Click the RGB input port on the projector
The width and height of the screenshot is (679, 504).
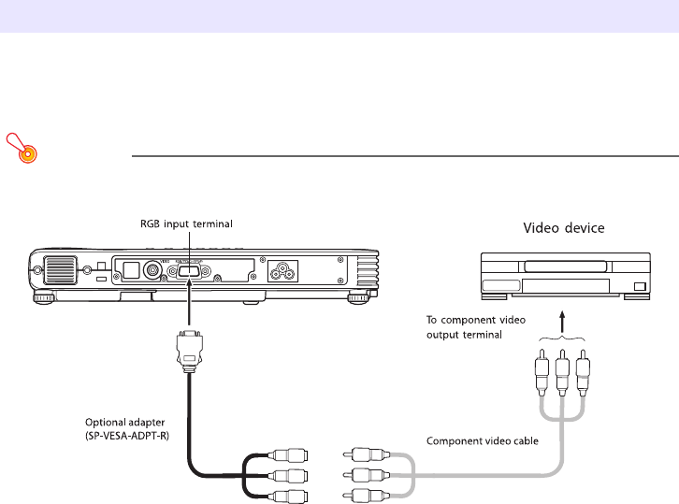(187, 271)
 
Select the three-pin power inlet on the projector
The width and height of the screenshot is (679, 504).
(282, 272)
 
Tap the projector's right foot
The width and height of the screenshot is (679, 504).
(358, 299)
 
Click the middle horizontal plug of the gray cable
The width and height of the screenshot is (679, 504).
(365, 476)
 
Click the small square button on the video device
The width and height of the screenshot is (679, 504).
(640, 286)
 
